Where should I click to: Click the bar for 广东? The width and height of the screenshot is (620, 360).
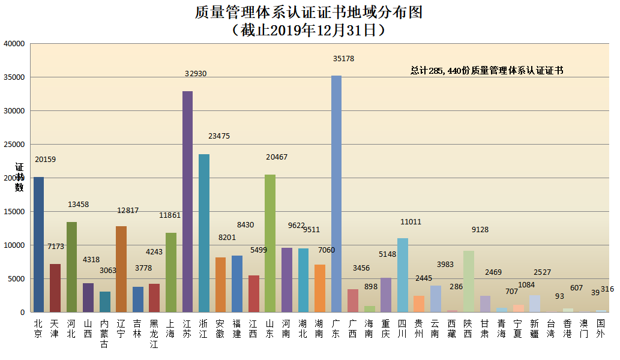pos(336,194)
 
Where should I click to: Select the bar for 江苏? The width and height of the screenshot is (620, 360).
pos(187,202)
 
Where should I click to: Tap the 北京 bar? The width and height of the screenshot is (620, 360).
pos(38,244)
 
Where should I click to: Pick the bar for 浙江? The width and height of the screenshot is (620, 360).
pos(204,233)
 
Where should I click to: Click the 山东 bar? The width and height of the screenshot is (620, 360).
pos(270,243)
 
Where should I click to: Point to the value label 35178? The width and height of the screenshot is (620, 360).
pos(344,59)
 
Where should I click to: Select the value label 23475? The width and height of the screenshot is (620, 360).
pos(219,136)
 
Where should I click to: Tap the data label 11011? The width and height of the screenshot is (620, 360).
pos(411,222)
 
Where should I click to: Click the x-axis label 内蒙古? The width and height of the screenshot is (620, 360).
pos(104,333)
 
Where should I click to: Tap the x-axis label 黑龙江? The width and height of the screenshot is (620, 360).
pos(154,333)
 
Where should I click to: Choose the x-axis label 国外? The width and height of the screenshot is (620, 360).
pos(600,328)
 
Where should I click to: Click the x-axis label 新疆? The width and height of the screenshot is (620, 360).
pos(534,328)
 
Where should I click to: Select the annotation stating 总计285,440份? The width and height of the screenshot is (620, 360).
pos(487,70)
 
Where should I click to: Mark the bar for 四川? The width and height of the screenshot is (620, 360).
pos(402,275)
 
